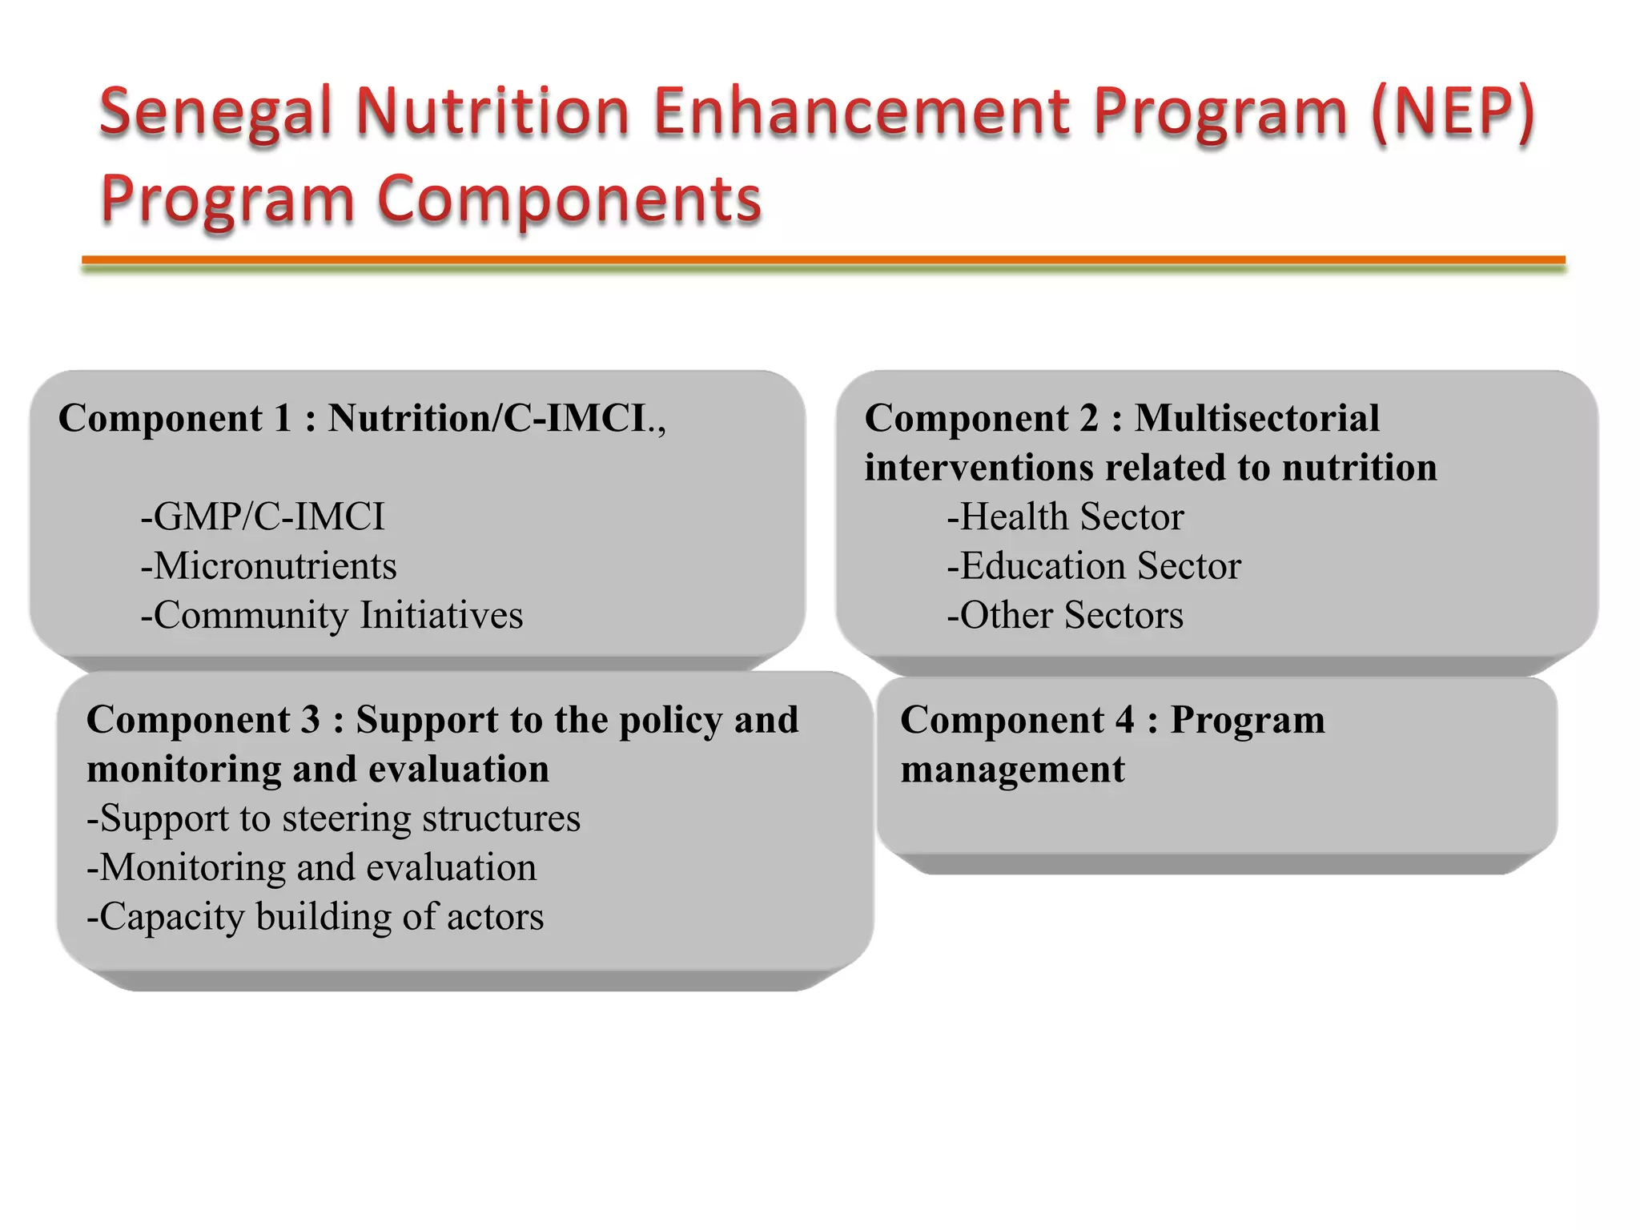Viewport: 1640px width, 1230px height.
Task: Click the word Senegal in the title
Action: tap(215, 112)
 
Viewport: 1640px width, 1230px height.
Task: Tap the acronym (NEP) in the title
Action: tap(1453, 112)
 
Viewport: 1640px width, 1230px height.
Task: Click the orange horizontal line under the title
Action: tap(823, 259)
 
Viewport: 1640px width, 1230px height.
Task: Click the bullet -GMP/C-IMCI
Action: tap(263, 517)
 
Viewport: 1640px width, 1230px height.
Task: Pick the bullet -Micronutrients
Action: tap(268, 566)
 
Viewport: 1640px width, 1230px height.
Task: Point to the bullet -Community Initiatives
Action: tap(332, 616)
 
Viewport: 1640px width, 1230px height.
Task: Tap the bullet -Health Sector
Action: tap(1065, 517)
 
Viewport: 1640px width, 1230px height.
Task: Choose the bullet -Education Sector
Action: tap(1094, 566)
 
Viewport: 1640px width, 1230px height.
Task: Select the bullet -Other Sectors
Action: tap(1065, 616)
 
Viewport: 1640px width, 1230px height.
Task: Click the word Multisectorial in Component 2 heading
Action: tap(1257, 418)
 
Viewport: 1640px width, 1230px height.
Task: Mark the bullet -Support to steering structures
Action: tap(333, 818)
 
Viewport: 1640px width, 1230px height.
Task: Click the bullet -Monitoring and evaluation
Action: tap(312, 868)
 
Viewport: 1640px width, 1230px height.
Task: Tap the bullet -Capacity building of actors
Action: tap(315, 917)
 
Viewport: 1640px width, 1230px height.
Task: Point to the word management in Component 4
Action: tap(1012, 770)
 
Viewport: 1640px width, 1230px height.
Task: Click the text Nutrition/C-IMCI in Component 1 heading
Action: tap(487, 418)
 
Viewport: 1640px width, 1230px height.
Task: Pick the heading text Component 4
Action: tap(1017, 719)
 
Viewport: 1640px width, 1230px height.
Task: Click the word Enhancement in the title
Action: tap(862, 112)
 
